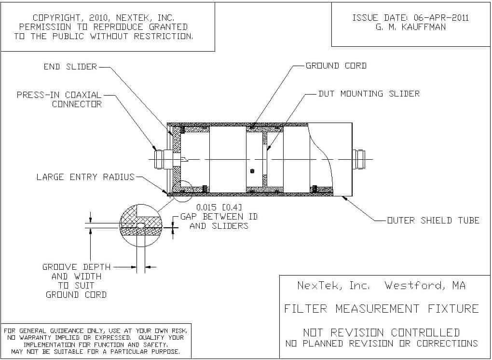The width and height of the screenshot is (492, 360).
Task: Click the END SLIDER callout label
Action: (70, 67)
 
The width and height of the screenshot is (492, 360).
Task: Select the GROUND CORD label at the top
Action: (336, 66)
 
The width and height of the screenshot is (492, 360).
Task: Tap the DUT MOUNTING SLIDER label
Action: (369, 94)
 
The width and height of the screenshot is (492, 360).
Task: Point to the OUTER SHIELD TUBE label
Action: (433, 221)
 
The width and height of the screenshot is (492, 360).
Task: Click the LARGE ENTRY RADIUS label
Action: (85, 177)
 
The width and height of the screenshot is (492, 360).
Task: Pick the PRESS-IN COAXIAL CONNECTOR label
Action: (59, 99)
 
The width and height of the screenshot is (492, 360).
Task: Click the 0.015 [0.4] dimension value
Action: (219, 208)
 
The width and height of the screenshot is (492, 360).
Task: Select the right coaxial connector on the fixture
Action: (358, 159)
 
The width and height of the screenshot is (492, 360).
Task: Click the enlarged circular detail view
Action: (140, 226)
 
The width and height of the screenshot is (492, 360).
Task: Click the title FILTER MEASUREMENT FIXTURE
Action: (381, 308)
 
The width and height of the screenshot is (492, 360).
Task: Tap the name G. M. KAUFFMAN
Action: (410, 27)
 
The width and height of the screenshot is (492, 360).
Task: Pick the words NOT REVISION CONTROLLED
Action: (381, 332)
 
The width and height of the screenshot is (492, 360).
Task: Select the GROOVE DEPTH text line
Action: (77, 267)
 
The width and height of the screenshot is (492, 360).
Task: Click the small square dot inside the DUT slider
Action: (252, 171)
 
